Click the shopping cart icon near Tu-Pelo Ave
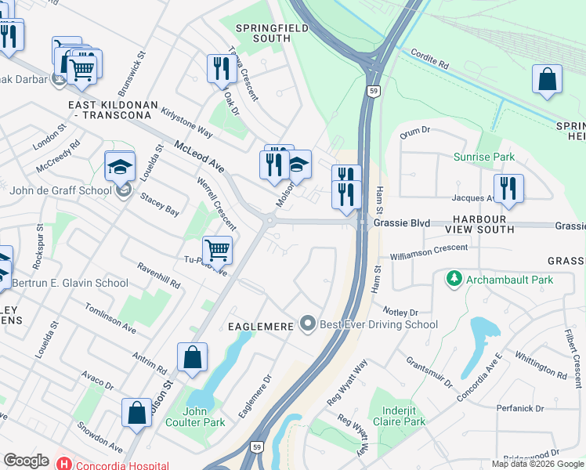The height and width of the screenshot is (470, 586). tap(218, 251)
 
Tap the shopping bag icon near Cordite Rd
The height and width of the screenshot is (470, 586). tap(547, 79)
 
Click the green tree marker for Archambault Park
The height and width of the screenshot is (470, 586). tap(453, 279)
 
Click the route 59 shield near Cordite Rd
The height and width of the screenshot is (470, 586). tap(375, 91)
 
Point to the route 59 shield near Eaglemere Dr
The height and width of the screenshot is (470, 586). tap(256, 446)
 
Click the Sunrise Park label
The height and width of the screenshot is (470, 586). tap(484, 157)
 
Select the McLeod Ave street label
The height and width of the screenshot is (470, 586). tap(200, 157)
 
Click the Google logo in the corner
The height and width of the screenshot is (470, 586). tap(26, 461)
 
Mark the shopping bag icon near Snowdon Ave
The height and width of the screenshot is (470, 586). tap(136, 413)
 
